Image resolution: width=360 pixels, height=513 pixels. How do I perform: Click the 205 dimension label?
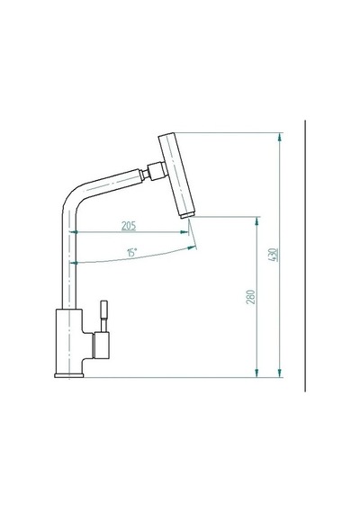pyautogui.click(x=129, y=226)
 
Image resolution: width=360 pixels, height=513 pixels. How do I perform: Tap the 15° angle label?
pyautogui.click(x=132, y=252)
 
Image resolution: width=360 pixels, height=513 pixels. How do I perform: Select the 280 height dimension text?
pyautogui.click(x=250, y=297)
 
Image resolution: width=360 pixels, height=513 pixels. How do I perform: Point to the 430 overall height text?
pyautogui.click(x=273, y=255)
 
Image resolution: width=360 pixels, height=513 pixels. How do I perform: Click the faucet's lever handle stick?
pyautogui.click(x=103, y=316)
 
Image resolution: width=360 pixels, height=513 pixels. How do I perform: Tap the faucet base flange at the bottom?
pyautogui.click(x=69, y=375)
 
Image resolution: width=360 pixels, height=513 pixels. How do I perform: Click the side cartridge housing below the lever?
pyautogui.click(x=102, y=345)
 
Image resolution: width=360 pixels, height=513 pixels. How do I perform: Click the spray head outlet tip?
pyautogui.click(x=187, y=215)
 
